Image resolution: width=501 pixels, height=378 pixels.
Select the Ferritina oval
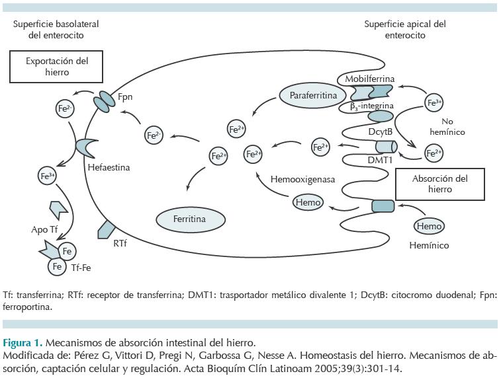[x=191, y=218]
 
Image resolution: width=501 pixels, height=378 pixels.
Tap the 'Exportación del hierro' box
[x=57, y=66]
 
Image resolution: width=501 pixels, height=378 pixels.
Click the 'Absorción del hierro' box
[x=440, y=183]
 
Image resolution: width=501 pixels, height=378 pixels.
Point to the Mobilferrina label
[x=369, y=79]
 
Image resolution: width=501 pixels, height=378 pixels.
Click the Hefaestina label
[x=109, y=167]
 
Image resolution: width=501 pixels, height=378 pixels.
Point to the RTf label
[x=120, y=243]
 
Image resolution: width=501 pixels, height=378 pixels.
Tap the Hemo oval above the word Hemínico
[x=429, y=226]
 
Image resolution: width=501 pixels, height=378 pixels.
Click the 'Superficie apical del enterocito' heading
[x=405, y=29]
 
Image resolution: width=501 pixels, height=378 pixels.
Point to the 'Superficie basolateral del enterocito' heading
[x=56, y=29]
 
